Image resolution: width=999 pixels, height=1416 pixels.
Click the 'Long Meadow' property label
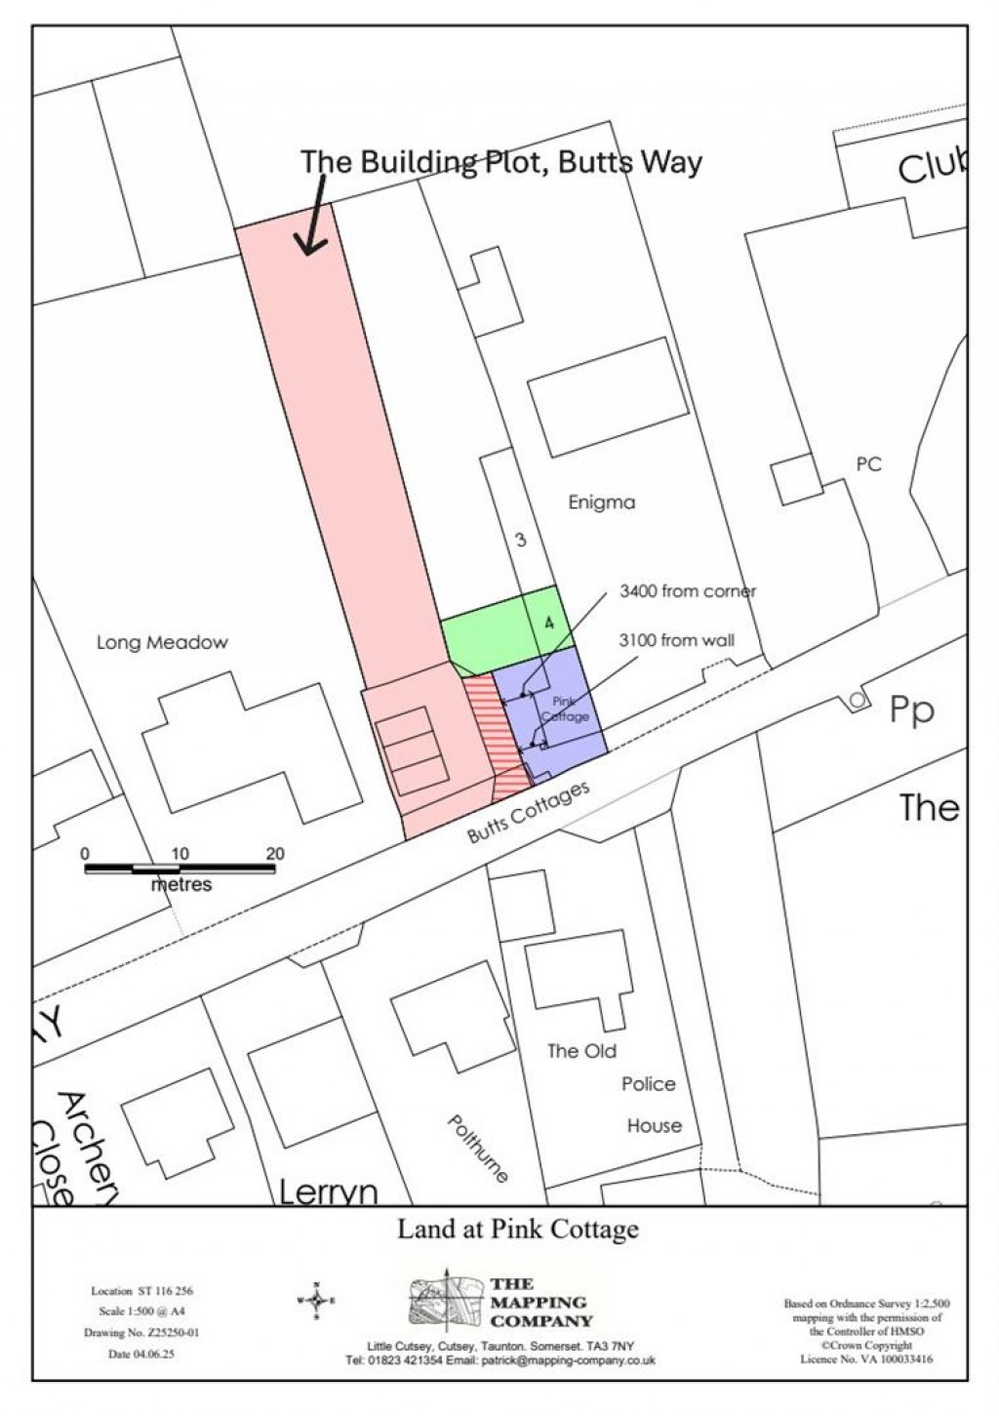click(162, 642)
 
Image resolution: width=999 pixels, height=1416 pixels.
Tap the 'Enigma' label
click(601, 503)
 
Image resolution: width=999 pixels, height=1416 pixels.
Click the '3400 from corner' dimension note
click(688, 591)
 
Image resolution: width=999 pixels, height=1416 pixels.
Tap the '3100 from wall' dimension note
click(677, 640)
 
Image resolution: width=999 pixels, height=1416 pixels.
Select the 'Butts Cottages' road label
click(529, 812)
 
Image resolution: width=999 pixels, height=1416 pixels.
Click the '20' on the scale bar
click(275, 854)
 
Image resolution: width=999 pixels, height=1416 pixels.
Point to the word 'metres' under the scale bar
click(180, 884)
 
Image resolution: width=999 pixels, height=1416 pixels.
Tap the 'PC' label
click(868, 465)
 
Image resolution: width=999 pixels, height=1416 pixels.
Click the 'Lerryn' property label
click(328, 1192)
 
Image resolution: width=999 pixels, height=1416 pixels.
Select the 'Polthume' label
click(477, 1149)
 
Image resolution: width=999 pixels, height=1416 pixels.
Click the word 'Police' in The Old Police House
click(649, 1084)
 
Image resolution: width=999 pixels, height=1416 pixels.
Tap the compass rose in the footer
click(317, 1300)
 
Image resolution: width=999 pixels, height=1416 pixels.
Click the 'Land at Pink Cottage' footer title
click(517, 1230)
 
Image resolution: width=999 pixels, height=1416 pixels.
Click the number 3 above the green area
click(521, 539)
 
